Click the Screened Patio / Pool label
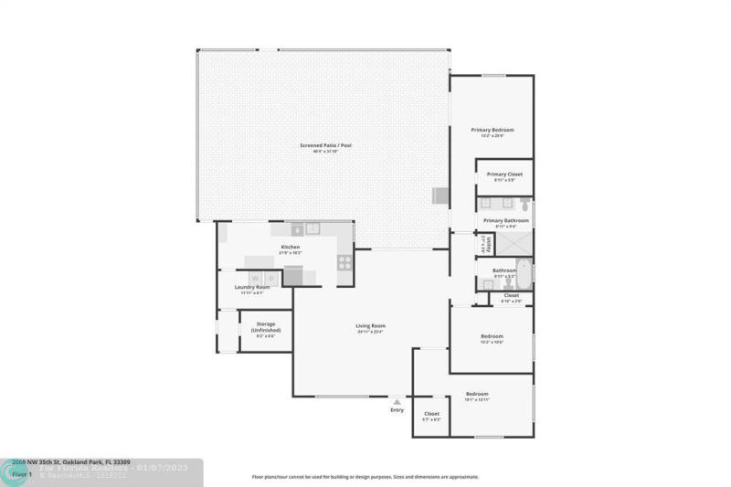pos(325,146)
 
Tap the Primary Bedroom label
pos(493,130)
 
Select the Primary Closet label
pos(504,174)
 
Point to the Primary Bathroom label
pos(505,220)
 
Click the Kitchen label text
pos(290,247)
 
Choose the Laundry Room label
pos(251,287)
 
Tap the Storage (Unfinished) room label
pos(266,326)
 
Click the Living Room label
pos(370,326)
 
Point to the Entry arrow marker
pos(397,401)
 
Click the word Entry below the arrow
pos(397,410)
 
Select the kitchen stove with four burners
pos(344,261)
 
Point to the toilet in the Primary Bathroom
pos(525,206)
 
